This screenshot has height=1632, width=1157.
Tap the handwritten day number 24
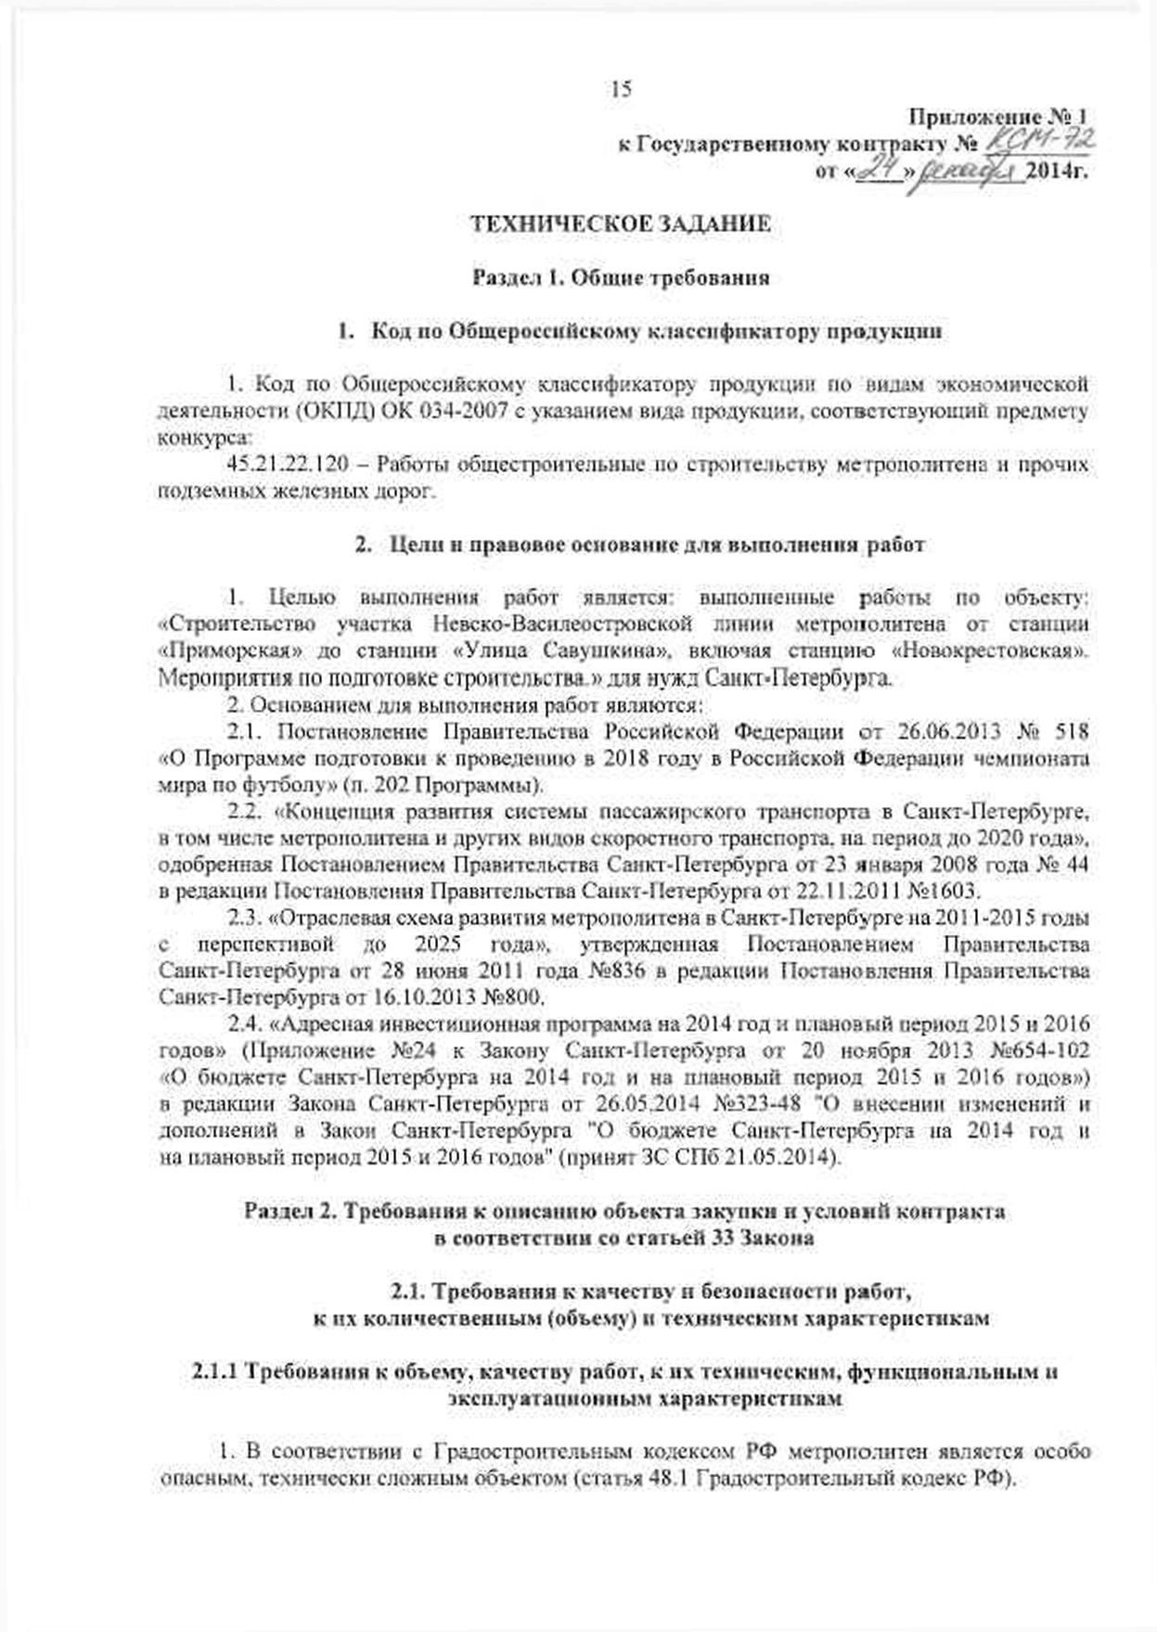pyautogui.click(x=875, y=172)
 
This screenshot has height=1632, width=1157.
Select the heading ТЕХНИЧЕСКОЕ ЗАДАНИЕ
pyautogui.click(x=621, y=224)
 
